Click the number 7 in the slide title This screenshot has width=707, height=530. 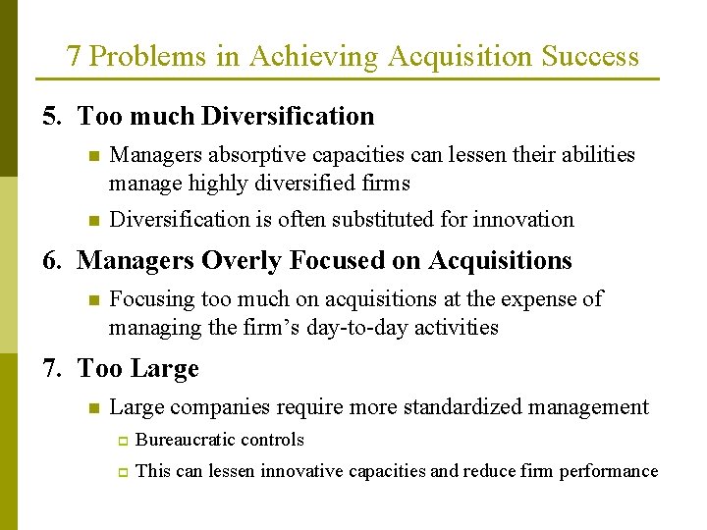click(x=74, y=57)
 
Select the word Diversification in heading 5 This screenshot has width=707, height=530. click(x=288, y=117)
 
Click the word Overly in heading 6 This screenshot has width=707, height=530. click(x=237, y=261)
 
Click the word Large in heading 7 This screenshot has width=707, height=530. click(x=164, y=369)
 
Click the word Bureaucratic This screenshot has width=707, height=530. click(x=187, y=441)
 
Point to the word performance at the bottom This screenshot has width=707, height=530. click(x=609, y=472)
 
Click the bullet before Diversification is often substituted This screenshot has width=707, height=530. click(x=92, y=220)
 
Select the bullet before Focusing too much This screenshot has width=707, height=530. click(x=92, y=299)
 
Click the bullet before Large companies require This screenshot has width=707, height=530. click(x=92, y=407)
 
